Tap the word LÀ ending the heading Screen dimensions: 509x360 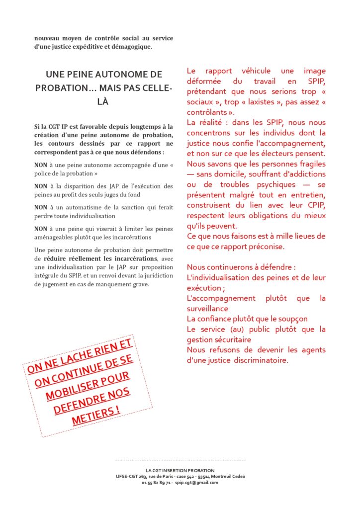pyautogui.click(x=104, y=101)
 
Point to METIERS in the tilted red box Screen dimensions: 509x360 pyautogui.click(x=96, y=415)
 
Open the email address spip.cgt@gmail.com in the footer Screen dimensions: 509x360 pyautogui.click(x=197, y=483)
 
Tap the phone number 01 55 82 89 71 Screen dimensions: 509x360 pyautogui.click(x=157, y=483)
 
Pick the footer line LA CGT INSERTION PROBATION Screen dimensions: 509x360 pyautogui.click(x=180, y=470)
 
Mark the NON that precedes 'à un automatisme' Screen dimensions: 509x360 pyautogui.click(x=41, y=207)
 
